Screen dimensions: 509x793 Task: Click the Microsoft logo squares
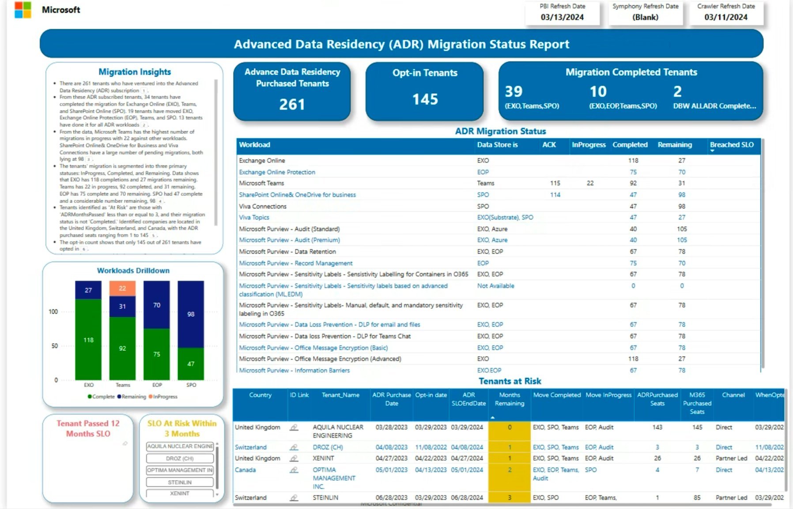[23, 10]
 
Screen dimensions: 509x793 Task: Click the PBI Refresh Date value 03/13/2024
[562, 17]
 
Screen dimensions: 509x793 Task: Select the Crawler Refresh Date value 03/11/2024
[725, 17]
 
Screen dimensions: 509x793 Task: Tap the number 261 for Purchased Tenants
[292, 105]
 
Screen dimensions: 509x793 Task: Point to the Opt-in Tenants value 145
[425, 99]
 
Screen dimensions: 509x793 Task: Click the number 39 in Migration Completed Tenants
[514, 91]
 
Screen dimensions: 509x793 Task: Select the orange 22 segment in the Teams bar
[122, 289]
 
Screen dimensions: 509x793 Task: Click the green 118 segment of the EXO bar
[88, 340]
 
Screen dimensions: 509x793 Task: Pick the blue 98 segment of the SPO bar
[191, 314]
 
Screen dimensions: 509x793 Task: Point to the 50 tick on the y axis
[54, 346]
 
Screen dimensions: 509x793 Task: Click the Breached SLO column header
[732, 145]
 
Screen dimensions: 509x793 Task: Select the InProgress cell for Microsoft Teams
[590, 183]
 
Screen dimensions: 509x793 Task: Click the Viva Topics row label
[254, 217]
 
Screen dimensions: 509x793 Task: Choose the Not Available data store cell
[495, 286]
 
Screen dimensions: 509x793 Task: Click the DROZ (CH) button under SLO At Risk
[180, 459]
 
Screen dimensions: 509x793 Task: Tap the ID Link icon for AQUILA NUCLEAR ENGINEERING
[294, 428]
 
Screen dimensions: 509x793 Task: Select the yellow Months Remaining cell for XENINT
[509, 459]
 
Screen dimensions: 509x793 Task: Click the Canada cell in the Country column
[245, 470]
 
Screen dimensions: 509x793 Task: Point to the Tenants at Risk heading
[510, 381]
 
